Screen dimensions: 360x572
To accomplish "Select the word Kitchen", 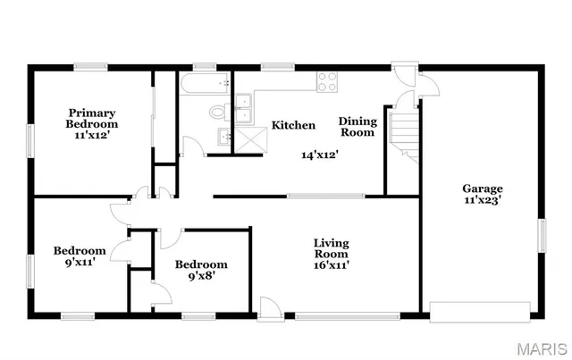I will (293, 125).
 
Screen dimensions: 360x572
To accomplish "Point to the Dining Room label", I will (357, 126).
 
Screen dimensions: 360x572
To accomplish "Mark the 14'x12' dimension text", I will (319, 155).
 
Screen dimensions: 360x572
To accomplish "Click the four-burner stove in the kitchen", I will (327, 81).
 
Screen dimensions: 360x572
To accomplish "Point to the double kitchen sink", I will (243, 107).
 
